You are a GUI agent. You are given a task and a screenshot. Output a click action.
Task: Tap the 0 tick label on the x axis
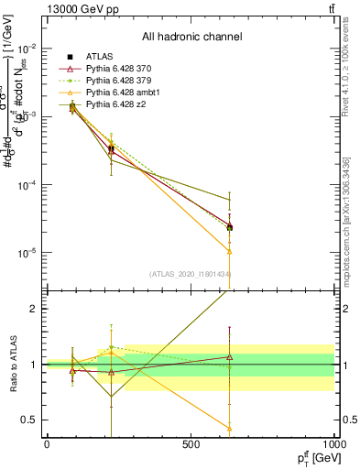click(x=47, y=444)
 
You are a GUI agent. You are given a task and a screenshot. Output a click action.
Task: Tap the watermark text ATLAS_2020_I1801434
click(x=191, y=274)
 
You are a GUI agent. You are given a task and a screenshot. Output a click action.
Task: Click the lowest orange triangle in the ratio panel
click(x=229, y=428)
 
